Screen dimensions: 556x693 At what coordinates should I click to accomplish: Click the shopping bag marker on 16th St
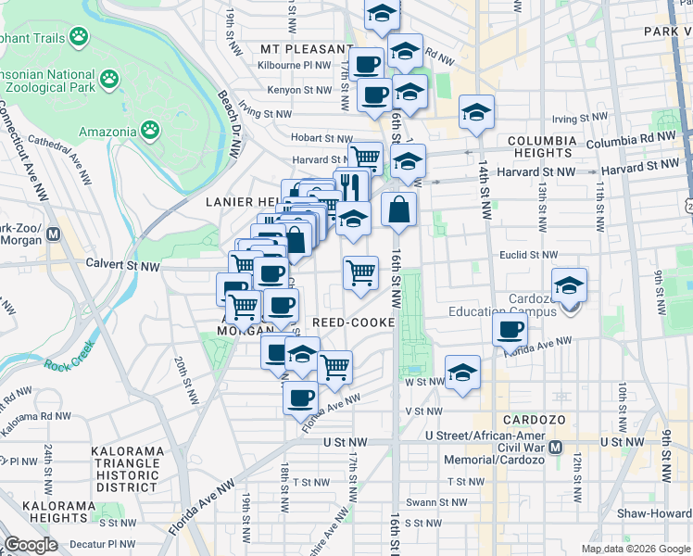click(x=398, y=210)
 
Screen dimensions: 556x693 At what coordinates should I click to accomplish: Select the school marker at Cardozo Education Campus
click(x=570, y=284)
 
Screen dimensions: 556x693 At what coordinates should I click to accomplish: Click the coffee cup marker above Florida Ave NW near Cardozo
click(x=509, y=329)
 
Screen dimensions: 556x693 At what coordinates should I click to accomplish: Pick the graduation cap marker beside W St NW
click(x=462, y=373)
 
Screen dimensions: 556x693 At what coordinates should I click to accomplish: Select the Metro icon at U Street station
click(x=556, y=448)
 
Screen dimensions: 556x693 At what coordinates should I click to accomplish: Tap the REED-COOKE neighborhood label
click(x=354, y=322)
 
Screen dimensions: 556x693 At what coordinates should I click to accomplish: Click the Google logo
click(x=31, y=545)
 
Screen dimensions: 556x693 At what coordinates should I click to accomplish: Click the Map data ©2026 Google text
click(x=636, y=549)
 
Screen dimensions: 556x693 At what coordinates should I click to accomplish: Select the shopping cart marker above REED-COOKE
click(x=360, y=272)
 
